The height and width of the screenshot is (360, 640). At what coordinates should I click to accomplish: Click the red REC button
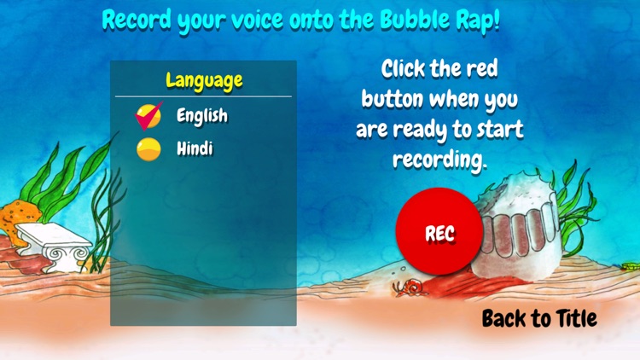pos(439,232)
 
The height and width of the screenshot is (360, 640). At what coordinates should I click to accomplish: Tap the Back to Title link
pos(539,319)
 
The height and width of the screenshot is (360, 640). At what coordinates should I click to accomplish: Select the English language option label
pos(202,115)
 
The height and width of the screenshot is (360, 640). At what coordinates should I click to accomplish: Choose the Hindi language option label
pos(195,149)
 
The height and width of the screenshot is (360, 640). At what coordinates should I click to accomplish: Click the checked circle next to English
pos(148,115)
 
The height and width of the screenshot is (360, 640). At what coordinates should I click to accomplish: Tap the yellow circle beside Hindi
pos(148,149)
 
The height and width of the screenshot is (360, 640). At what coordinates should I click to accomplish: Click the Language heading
pos(204,81)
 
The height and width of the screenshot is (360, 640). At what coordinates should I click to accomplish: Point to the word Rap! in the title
pos(480,20)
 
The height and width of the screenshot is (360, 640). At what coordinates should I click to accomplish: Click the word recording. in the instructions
pos(439,160)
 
